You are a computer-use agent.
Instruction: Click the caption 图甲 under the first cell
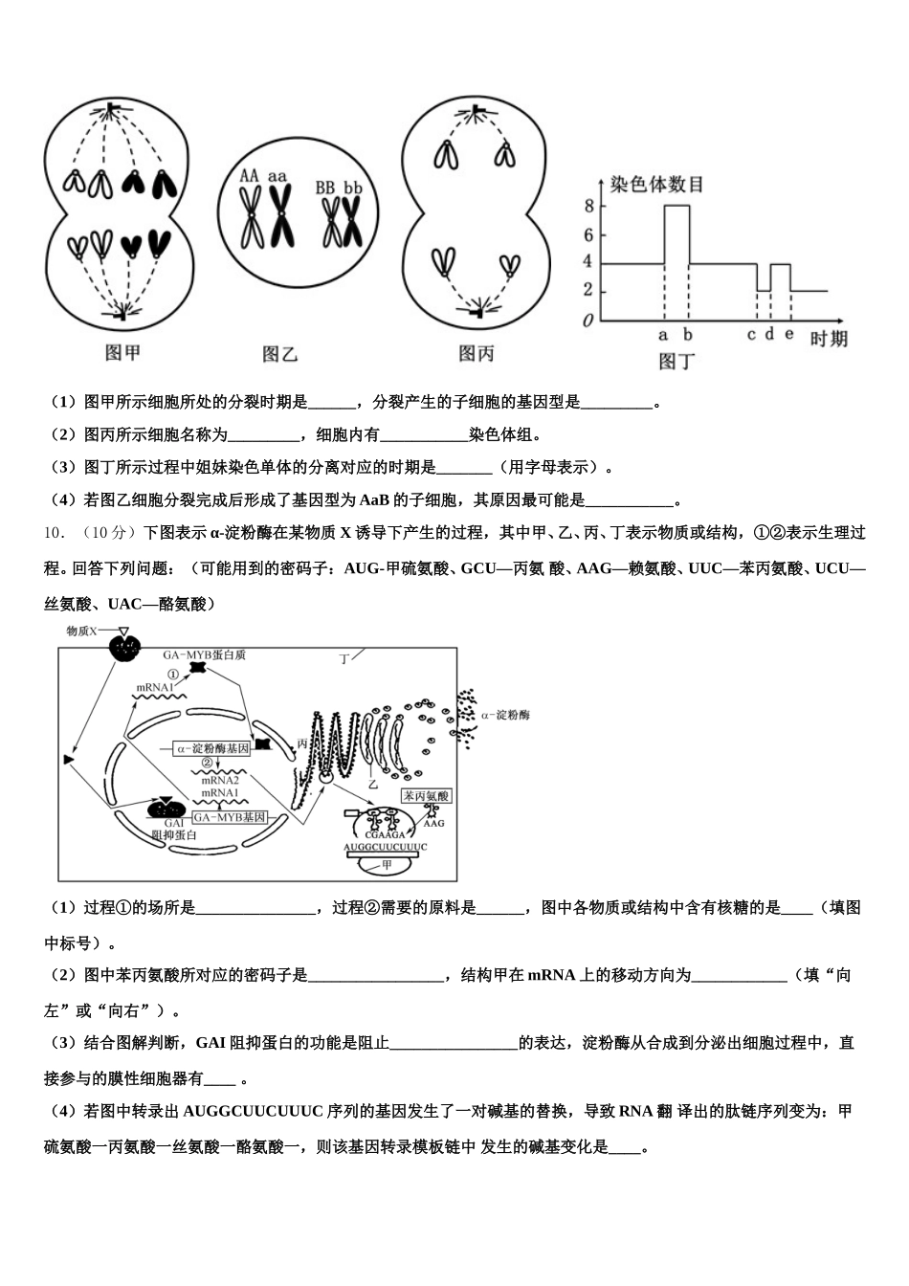coord(123,352)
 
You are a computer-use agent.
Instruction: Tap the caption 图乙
coord(280,353)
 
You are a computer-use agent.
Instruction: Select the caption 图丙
coord(477,353)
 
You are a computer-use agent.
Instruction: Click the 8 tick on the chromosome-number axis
coord(588,206)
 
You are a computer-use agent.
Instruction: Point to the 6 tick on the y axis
coord(588,234)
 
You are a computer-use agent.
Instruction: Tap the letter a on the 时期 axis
coord(663,335)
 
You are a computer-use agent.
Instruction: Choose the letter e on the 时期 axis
coord(789,334)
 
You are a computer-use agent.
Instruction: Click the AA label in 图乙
coord(249,176)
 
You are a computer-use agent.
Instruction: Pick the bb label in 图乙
coord(353,188)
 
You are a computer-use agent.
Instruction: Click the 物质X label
coord(84,632)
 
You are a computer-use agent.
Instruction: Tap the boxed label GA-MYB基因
coord(229,818)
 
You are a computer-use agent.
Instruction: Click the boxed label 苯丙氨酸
coord(426,796)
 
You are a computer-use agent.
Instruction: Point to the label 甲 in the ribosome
coord(388,864)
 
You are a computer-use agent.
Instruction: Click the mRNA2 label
coord(219,780)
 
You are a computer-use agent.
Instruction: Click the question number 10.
coord(55,532)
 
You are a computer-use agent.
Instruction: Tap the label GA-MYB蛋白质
coord(205,654)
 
